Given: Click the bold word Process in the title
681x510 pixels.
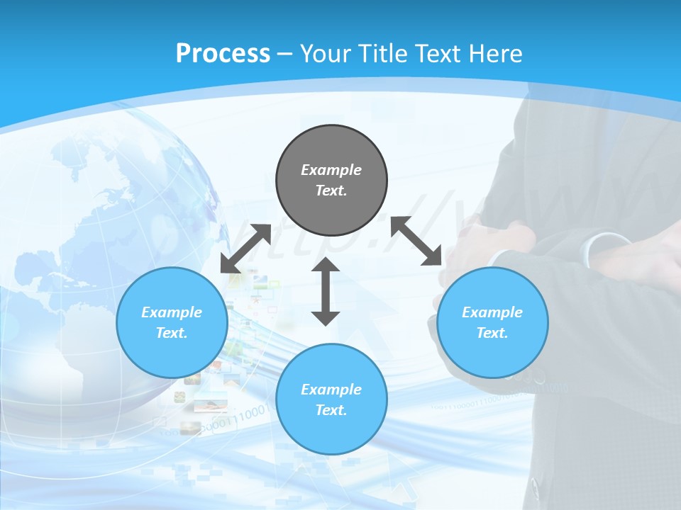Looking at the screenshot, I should pyautogui.click(x=223, y=54).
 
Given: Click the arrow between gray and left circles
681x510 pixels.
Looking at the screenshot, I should pyautogui.click(x=245, y=249).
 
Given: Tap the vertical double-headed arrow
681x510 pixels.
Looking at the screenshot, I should pyautogui.click(x=326, y=291).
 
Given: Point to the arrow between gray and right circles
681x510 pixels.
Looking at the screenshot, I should pyautogui.click(x=416, y=241).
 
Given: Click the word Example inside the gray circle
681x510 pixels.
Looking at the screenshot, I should pyautogui.click(x=331, y=170).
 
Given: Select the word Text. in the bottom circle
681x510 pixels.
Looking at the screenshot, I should pyautogui.click(x=331, y=410).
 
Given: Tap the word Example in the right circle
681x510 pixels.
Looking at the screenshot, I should pyautogui.click(x=492, y=312).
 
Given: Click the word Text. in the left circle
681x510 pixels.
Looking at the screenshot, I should pyautogui.click(x=172, y=333).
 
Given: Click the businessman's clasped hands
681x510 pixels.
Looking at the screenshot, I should pyautogui.click(x=489, y=248).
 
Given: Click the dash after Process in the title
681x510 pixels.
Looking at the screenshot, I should pyautogui.click(x=285, y=54).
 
